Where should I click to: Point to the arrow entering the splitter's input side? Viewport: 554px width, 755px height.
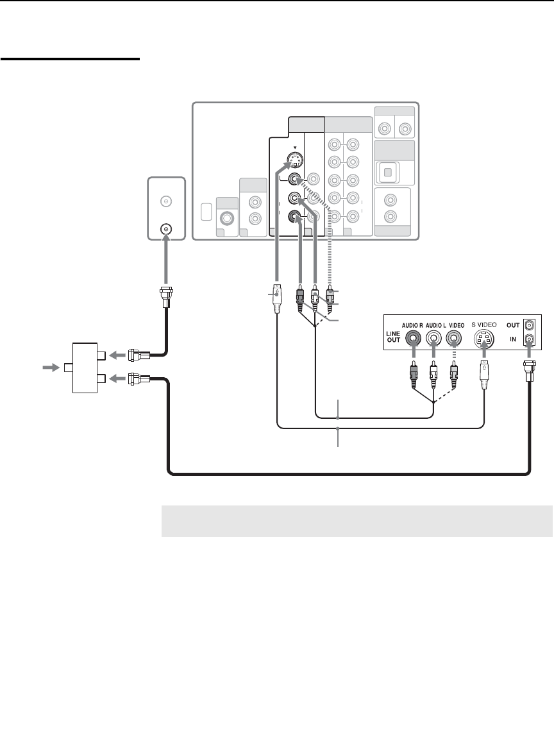pos(49,368)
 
